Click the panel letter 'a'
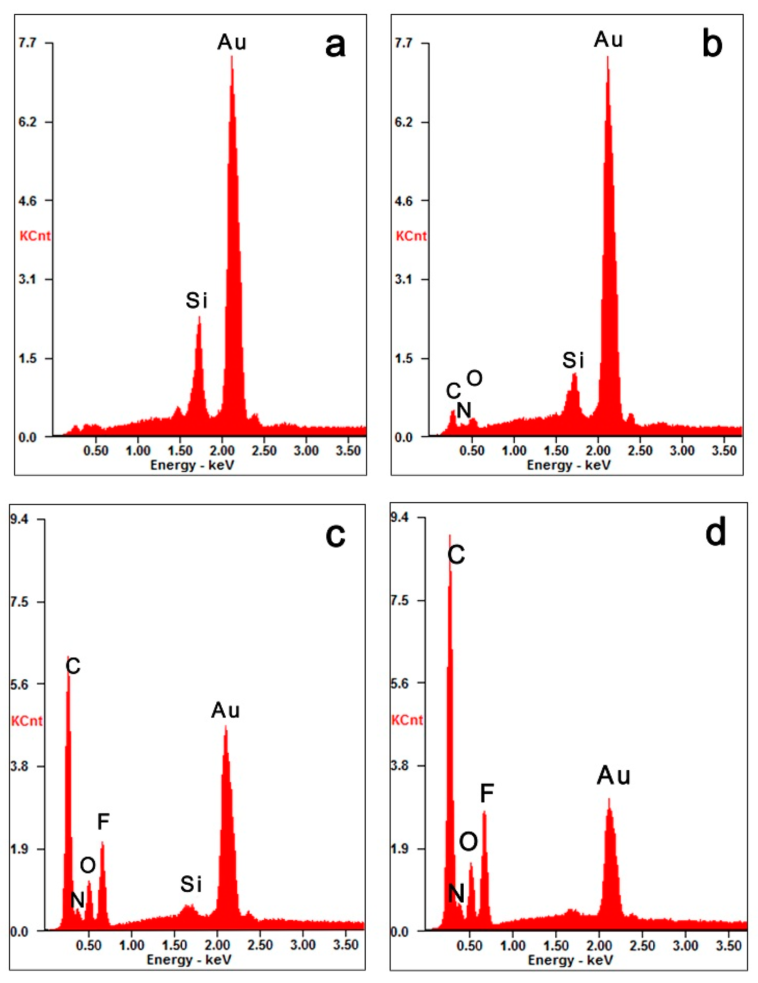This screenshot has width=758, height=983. click(x=335, y=46)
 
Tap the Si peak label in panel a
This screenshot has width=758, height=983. click(x=196, y=300)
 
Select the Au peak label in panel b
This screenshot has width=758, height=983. click(x=608, y=40)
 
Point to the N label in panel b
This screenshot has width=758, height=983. click(x=463, y=409)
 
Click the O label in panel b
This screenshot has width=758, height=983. click(x=474, y=378)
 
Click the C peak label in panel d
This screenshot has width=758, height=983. click(x=456, y=555)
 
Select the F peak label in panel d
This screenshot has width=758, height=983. click(x=487, y=793)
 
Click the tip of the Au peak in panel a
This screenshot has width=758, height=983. click(x=232, y=56)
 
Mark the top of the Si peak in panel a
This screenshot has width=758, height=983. click(x=199, y=317)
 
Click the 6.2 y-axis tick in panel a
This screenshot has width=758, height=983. click(x=27, y=122)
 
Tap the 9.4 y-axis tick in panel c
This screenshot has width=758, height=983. click(x=19, y=519)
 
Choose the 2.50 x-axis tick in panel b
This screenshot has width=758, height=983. click(x=641, y=451)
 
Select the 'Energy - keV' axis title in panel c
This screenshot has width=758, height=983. click(x=189, y=959)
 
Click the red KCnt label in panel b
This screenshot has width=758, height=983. click(x=411, y=236)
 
